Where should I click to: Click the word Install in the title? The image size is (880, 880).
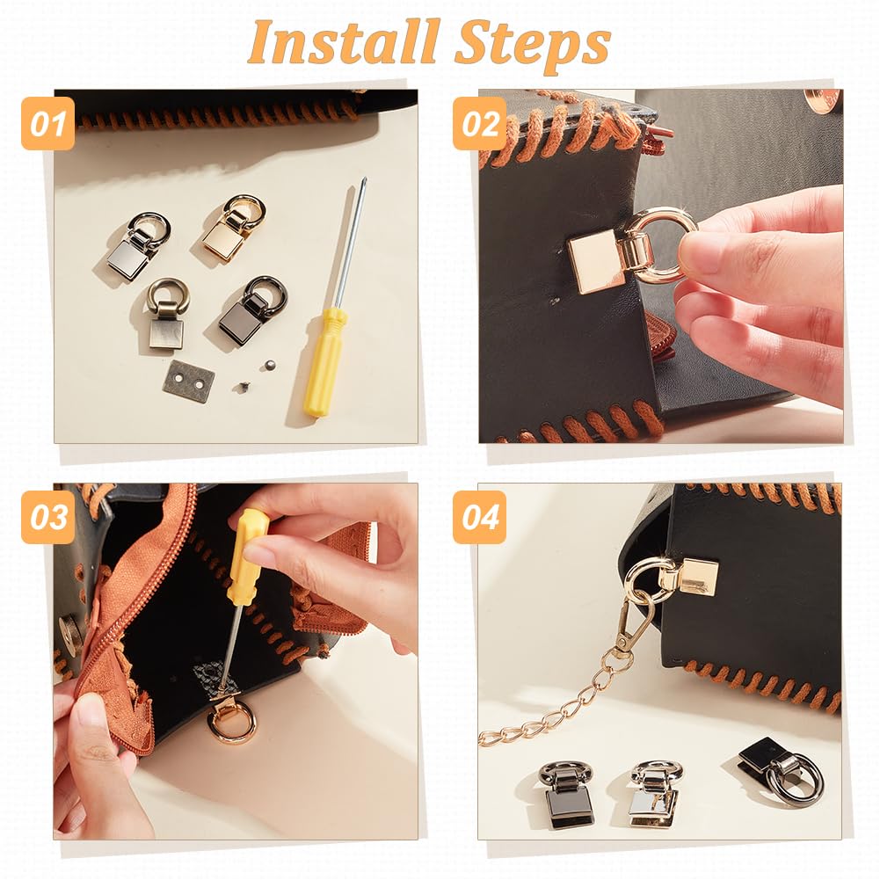point(343,43)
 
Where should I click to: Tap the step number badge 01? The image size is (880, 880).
point(47,123)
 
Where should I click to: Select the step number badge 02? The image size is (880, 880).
point(480,123)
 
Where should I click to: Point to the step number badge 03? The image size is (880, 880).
point(47,517)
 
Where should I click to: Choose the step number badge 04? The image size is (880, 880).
point(480,517)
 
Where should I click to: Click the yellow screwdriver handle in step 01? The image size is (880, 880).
point(324,362)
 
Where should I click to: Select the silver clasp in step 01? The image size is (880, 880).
point(136,245)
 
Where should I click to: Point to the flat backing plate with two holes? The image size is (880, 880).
point(188,377)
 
